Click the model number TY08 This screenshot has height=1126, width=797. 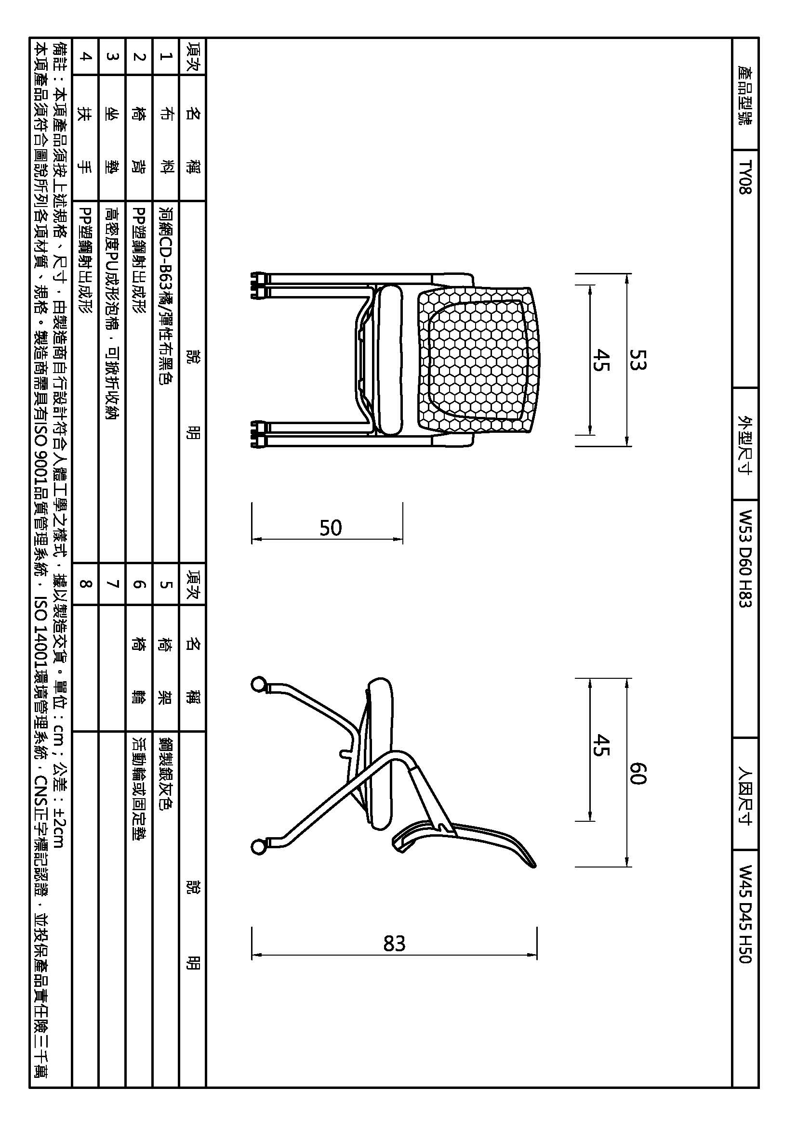point(745,177)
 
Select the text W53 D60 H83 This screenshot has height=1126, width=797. point(745,558)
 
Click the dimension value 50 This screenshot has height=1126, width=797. point(330,528)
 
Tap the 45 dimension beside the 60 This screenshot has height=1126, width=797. point(600,745)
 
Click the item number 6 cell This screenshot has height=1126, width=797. point(140,583)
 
